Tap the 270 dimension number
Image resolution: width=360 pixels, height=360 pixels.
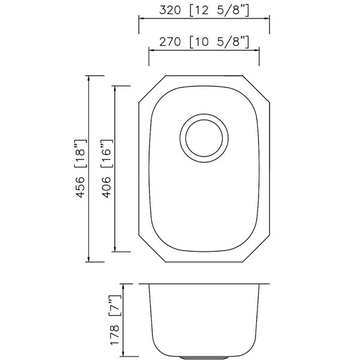[170, 42]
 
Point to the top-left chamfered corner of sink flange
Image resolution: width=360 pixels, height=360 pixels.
[150, 88]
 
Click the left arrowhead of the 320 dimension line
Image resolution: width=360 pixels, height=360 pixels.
[141, 18]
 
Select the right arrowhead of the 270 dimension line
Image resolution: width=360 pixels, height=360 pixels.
[257, 51]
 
